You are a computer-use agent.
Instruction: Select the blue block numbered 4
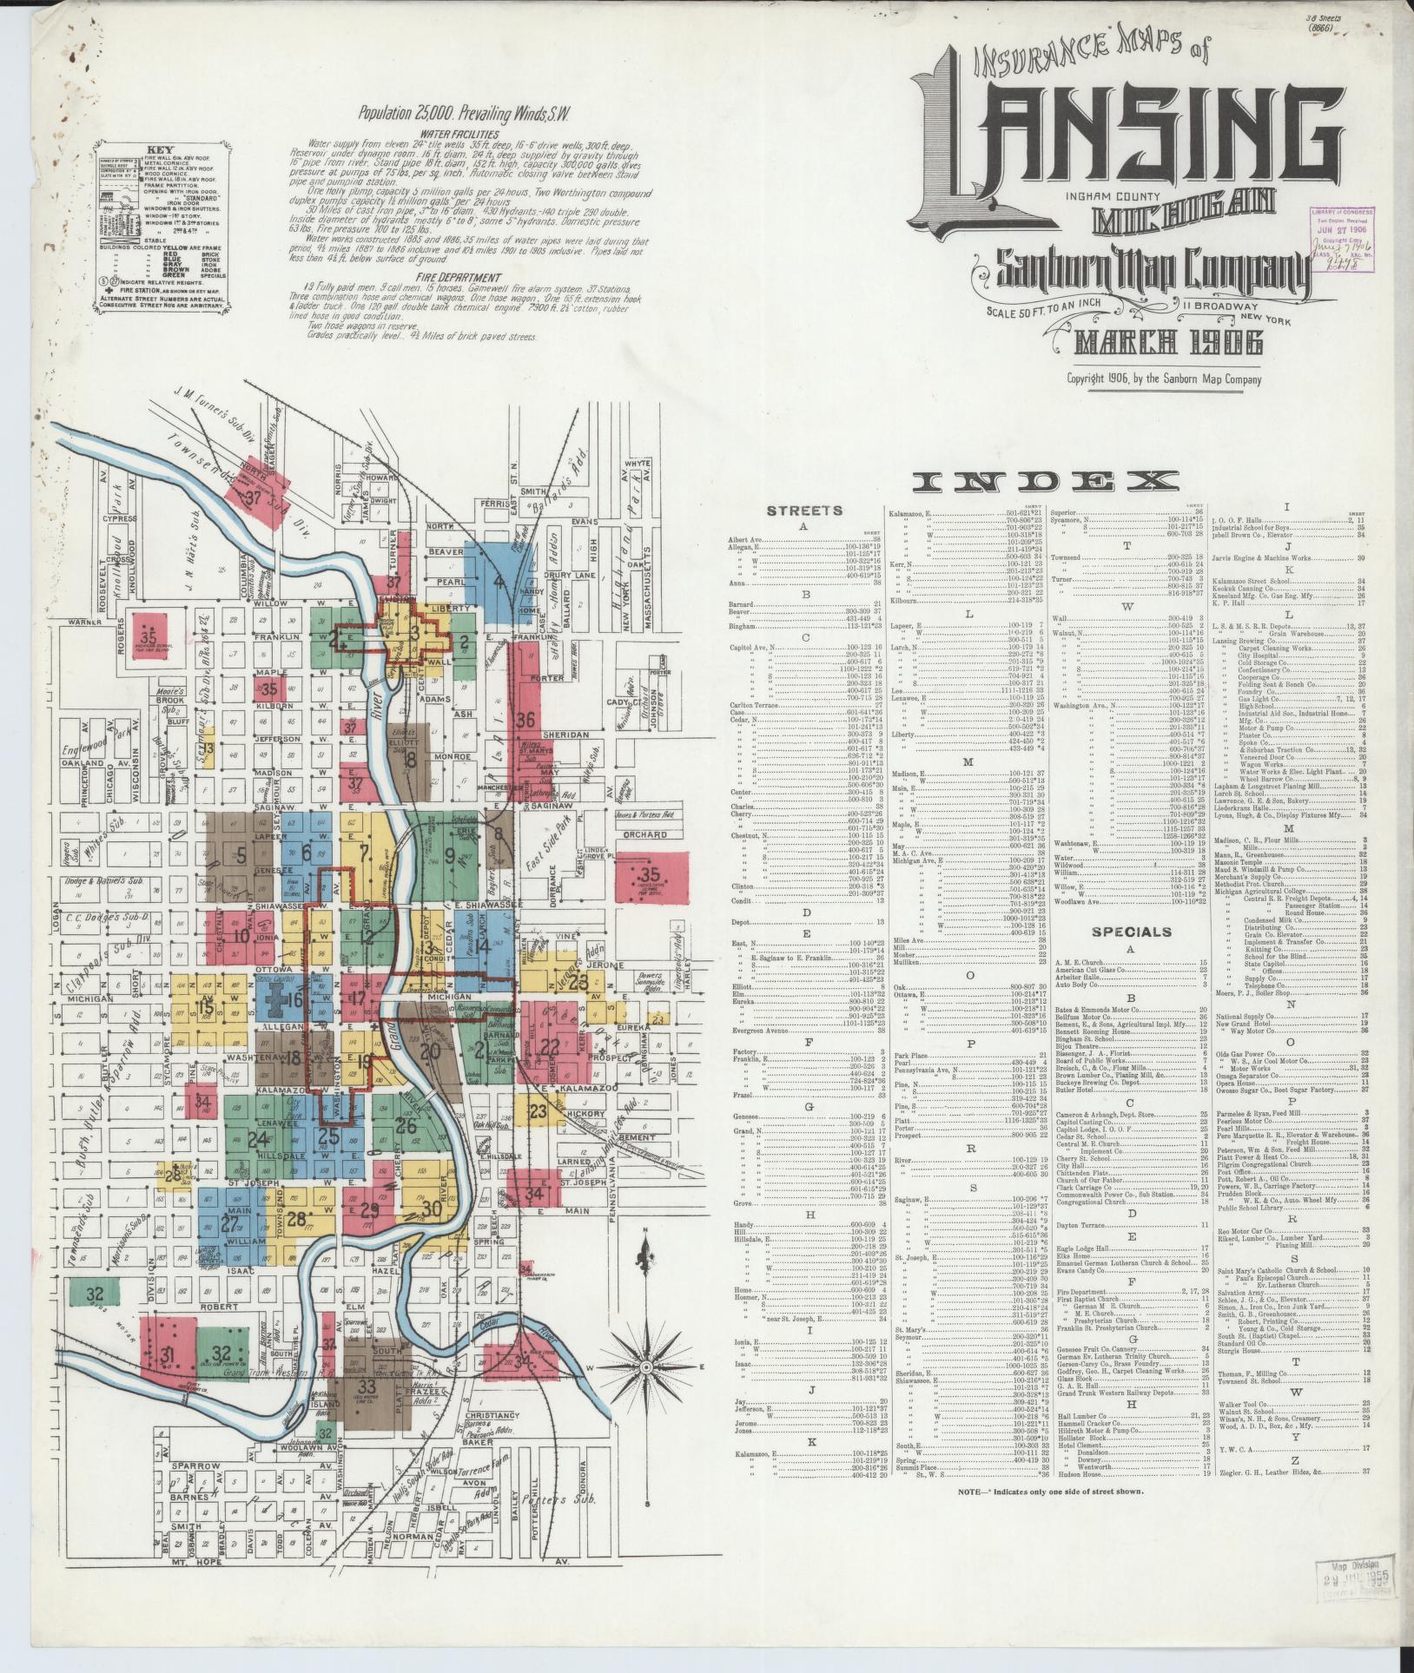pos(499,580)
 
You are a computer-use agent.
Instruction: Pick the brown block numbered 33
pos(367,1385)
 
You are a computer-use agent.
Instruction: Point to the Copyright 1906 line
pos(1164,378)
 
